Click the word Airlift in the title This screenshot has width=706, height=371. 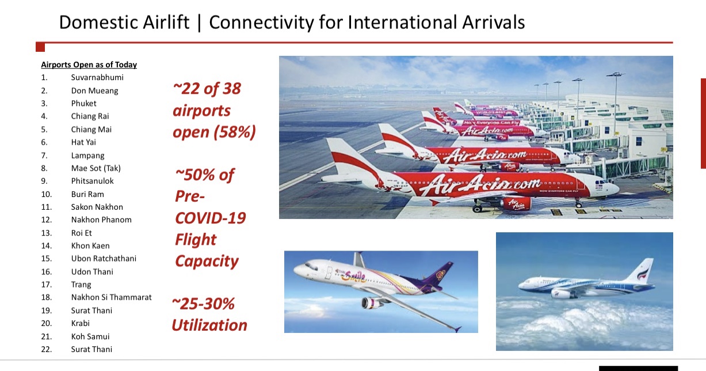coord(166,22)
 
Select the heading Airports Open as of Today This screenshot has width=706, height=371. coord(89,65)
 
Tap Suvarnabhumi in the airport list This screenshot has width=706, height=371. coord(97,78)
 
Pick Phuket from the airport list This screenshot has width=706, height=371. coord(83,104)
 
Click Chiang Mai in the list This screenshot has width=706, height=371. coord(91,130)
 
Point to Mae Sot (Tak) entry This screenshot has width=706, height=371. coord(96,168)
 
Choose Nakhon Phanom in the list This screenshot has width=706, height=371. coord(101,220)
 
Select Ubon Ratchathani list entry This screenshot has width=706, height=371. coord(104,259)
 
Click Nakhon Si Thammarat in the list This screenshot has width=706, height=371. coord(111,297)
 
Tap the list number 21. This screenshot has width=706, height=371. coord(47,336)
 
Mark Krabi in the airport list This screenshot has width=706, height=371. coord(81,323)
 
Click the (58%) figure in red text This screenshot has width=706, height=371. coord(235,132)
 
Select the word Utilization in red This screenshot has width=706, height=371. coord(209,325)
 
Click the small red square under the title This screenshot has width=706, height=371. coord(40,47)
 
